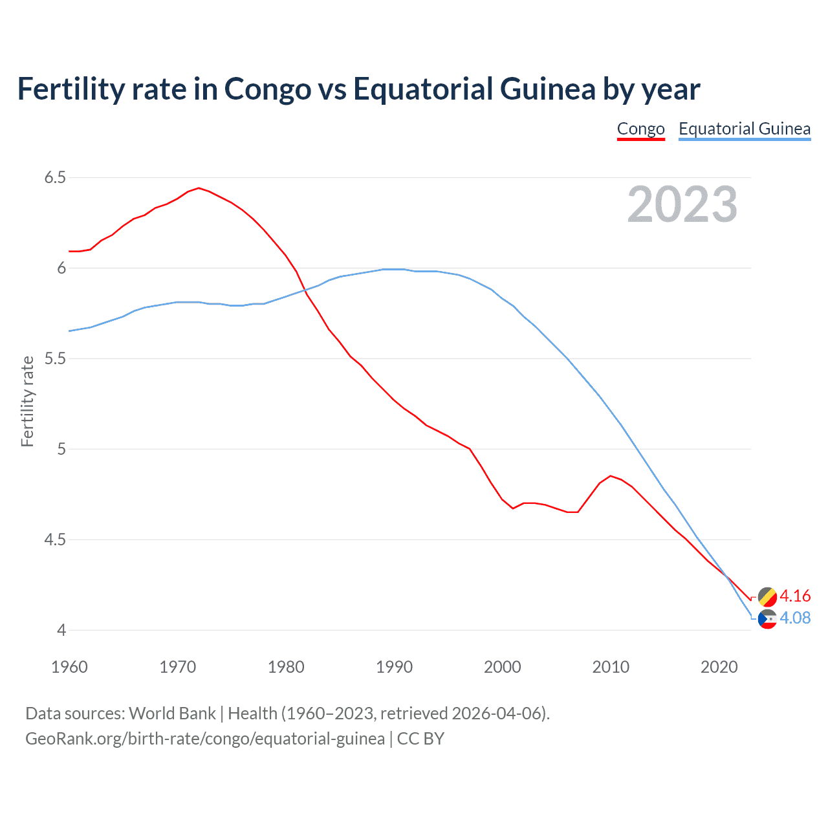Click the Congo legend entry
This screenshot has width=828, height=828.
pos(640,129)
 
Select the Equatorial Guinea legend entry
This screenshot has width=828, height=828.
pos(744,129)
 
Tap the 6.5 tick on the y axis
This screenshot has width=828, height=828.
pos(55,177)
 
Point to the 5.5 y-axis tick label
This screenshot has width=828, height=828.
pos(55,358)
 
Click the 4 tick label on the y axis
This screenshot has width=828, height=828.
pos(61,630)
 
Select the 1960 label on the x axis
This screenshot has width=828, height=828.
pos(69,667)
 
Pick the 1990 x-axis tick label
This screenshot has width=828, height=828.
pos(394,667)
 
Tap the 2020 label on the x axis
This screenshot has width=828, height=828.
pos(719,667)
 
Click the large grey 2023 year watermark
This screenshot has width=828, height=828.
pos(682,204)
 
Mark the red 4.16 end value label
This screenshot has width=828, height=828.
pos(795,596)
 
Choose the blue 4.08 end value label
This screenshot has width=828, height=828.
pos(795,618)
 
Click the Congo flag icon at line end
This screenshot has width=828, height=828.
pos(767,596)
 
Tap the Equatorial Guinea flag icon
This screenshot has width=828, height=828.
pos(767,619)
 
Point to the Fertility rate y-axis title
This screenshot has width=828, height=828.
pos(27,401)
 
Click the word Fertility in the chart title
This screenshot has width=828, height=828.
pos(71,89)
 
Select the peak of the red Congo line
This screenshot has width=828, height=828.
pos(199,188)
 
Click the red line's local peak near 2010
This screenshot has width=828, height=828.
pos(611,476)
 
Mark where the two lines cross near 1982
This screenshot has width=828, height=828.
pos(303,290)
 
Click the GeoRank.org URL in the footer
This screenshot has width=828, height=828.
pos(204,739)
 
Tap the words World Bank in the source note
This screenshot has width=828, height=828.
pos(172,714)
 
